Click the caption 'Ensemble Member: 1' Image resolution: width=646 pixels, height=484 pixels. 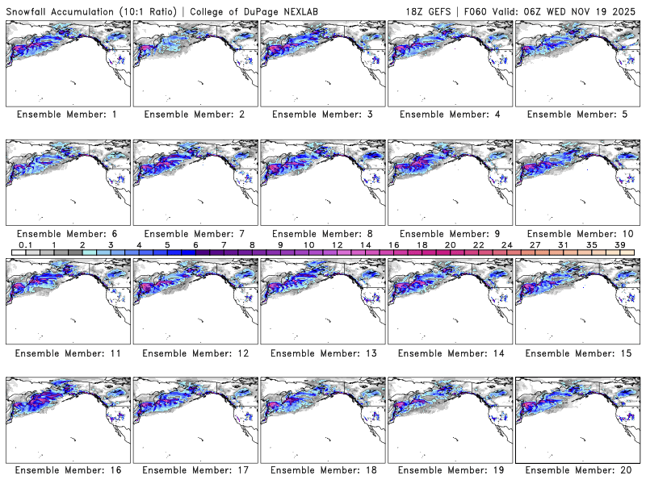pyautogui.click(x=67, y=115)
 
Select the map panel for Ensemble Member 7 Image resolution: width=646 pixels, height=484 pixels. pyautogui.click(x=195, y=182)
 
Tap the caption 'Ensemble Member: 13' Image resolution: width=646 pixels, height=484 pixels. pyautogui.click(x=321, y=353)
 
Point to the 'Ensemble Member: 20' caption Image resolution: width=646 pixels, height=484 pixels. pyautogui.click(x=576, y=470)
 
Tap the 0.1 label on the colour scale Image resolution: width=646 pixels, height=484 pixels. pyautogui.click(x=25, y=244)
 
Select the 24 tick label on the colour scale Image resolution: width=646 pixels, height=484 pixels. pyautogui.click(x=507, y=244)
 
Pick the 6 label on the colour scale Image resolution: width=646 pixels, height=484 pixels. pyautogui.click(x=195, y=244)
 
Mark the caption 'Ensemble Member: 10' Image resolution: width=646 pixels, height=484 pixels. pyautogui.click(x=576, y=234)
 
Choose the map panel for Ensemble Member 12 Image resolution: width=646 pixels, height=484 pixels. pyautogui.click(x=195, y=302)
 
